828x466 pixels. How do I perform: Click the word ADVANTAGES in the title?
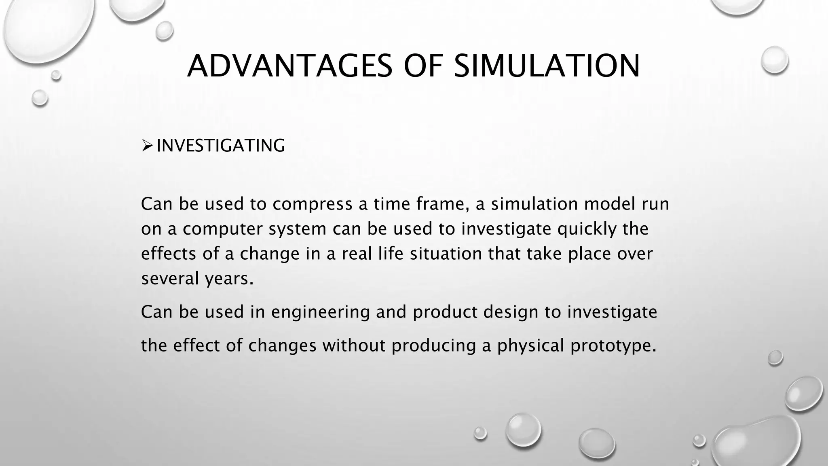pos(289,66)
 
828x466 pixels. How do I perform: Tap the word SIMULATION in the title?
pos(547,66)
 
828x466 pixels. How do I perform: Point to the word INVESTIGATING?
pos(220,146)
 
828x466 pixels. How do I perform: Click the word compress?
pos(312,204)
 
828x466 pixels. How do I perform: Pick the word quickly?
pos(587,229)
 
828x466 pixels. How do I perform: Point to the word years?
pos(229,279)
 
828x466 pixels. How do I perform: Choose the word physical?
pos(530,346)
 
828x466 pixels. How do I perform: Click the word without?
pos(354,346)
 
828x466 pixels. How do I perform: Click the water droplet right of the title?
pos(775,60)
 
